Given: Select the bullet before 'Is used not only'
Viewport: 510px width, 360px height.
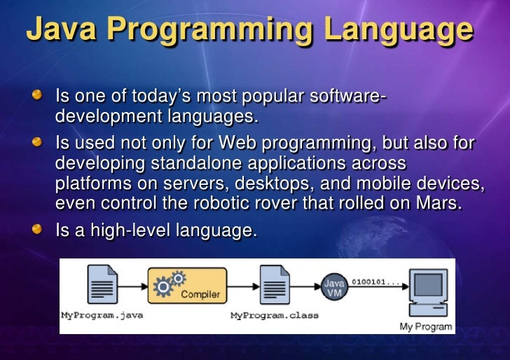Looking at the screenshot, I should pyautogui.click(x=44, y=144).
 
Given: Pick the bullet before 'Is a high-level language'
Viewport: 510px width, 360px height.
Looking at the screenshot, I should pyautogui.click(x=44, y=229).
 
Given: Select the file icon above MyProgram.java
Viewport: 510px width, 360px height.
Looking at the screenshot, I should pyautogui.click(x=101, y=286).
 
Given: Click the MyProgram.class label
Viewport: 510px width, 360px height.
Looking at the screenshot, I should pyautogui.click(x=274, y=315).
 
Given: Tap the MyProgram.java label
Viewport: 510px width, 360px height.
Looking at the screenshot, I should pyautogui.click(x=102, y=315).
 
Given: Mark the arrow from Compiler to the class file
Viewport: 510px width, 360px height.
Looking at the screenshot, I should pyautogui.click(x=243, y=286).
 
